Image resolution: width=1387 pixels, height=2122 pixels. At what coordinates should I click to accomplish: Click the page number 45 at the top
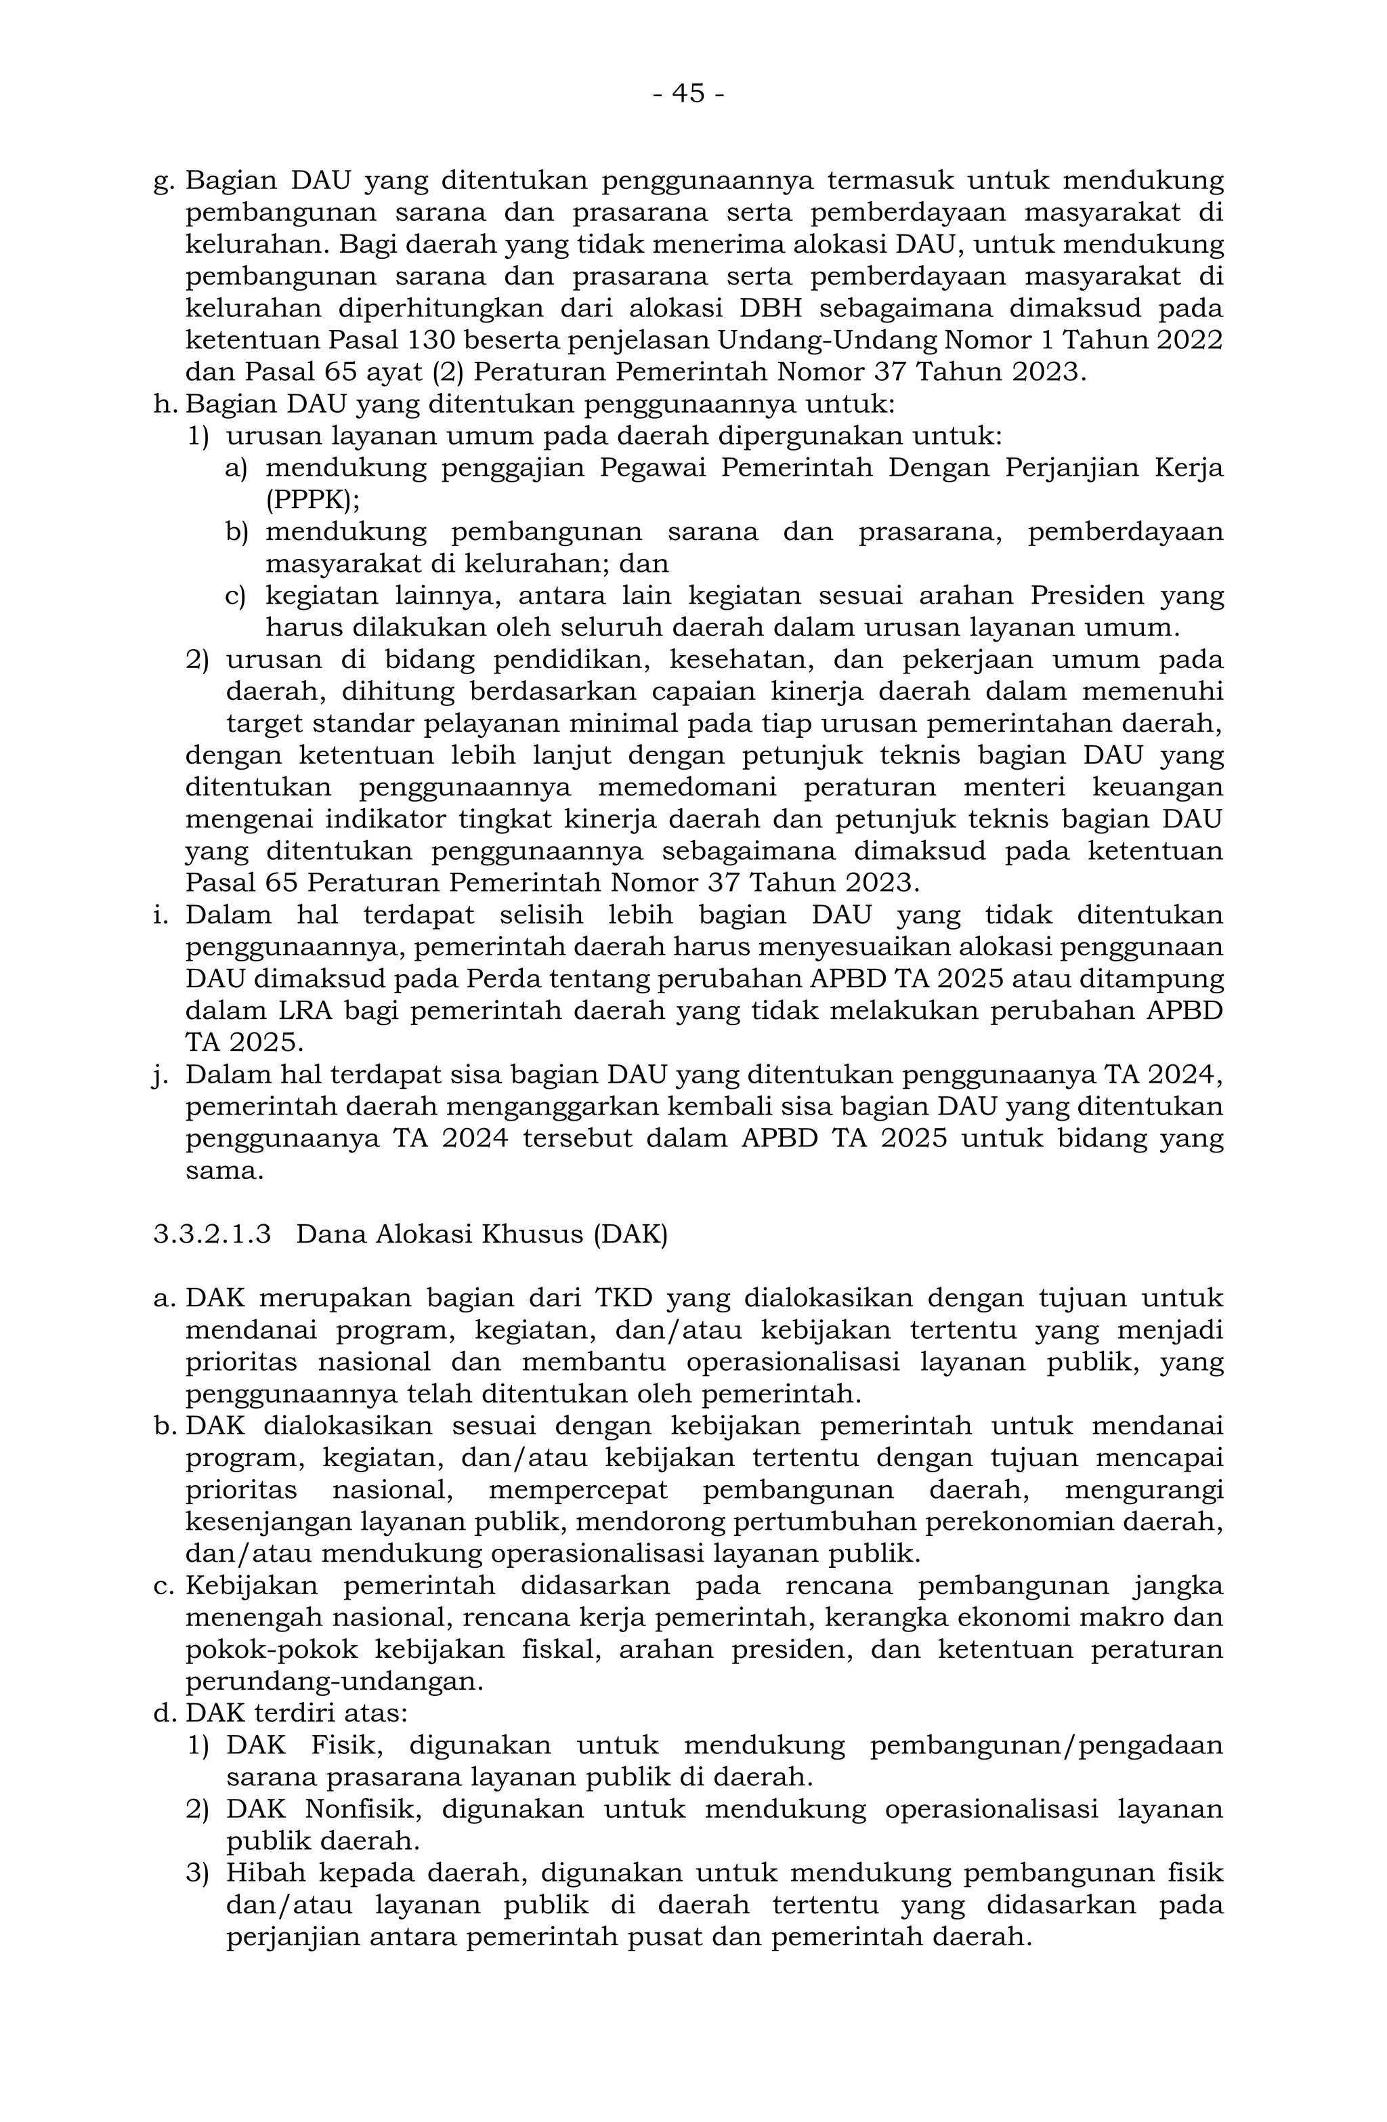tap(688, 93)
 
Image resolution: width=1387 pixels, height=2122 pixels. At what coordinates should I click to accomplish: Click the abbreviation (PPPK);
tap(313, 499)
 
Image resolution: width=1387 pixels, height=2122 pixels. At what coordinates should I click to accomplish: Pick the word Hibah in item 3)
tap(265, 1873)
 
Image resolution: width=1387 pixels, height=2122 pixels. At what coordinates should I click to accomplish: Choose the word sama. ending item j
tap(225, 1171)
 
